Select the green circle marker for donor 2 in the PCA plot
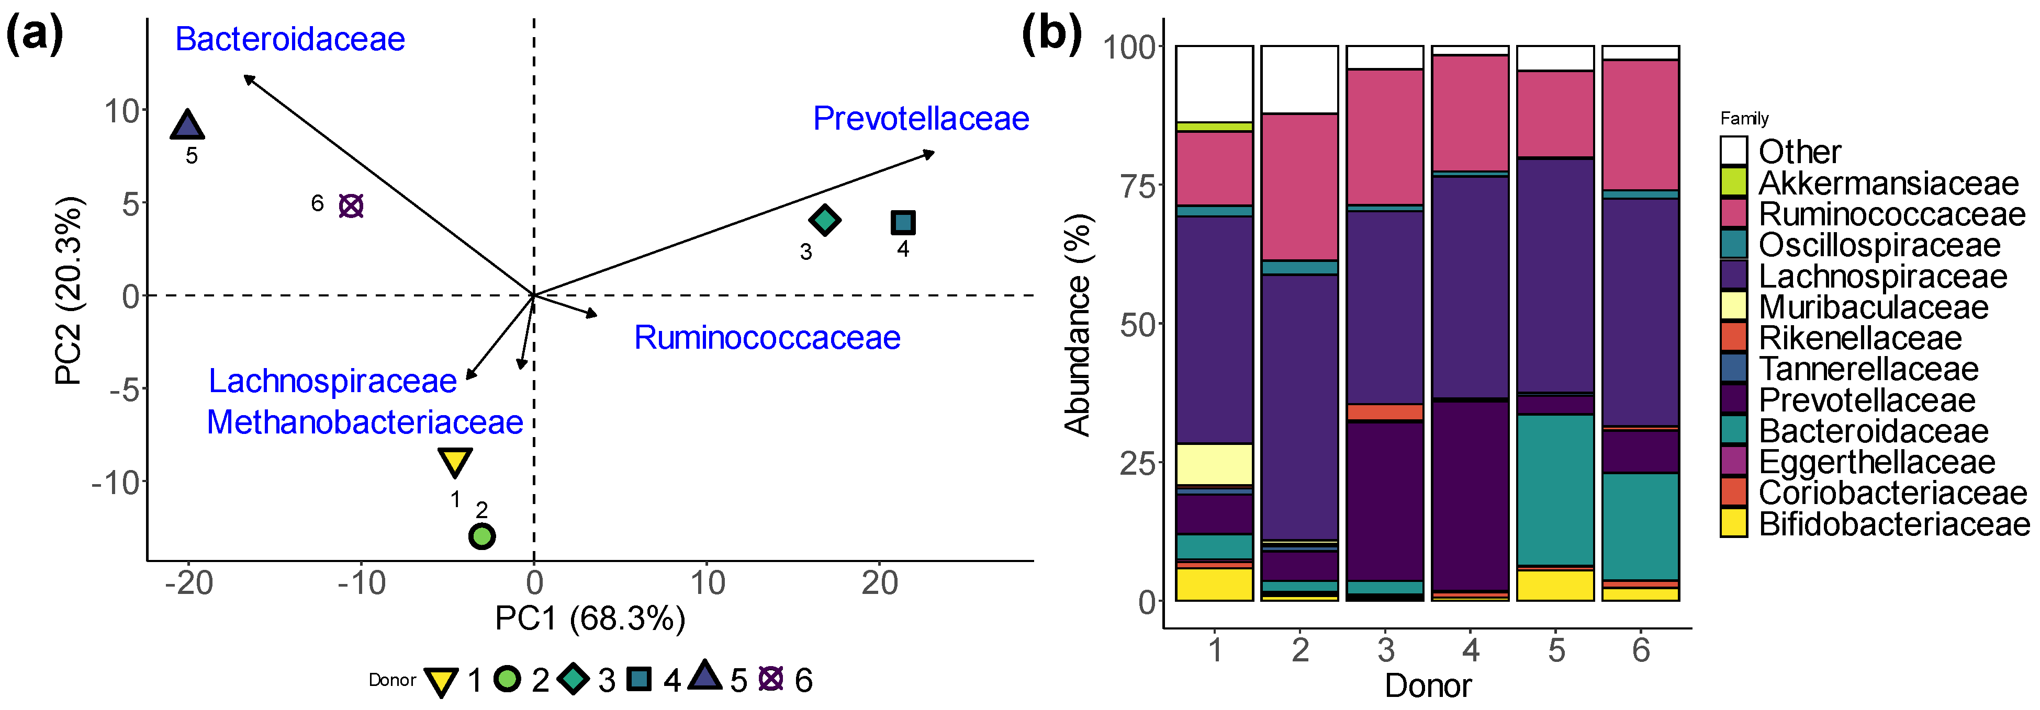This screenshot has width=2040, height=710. tap(481, 536)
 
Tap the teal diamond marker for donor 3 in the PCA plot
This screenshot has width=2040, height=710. tap(824, 220)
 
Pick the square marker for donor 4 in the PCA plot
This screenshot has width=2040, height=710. tap(903, 222)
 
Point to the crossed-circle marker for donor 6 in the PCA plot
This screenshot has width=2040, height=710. tap(351, 206)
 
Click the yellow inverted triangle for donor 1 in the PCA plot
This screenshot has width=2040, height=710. tap(455, 461)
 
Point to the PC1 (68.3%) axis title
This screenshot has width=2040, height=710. tap(589, 618)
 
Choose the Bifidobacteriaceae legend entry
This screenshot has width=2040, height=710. tap(1893, 524)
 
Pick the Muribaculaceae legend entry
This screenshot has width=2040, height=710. tap(1873, 307)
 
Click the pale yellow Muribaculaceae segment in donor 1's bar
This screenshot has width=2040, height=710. tap(1214, 464)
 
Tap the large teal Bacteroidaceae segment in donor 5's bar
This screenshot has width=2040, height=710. tap(1554, 490)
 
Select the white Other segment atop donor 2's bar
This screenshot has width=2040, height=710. tap(1299, 79)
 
